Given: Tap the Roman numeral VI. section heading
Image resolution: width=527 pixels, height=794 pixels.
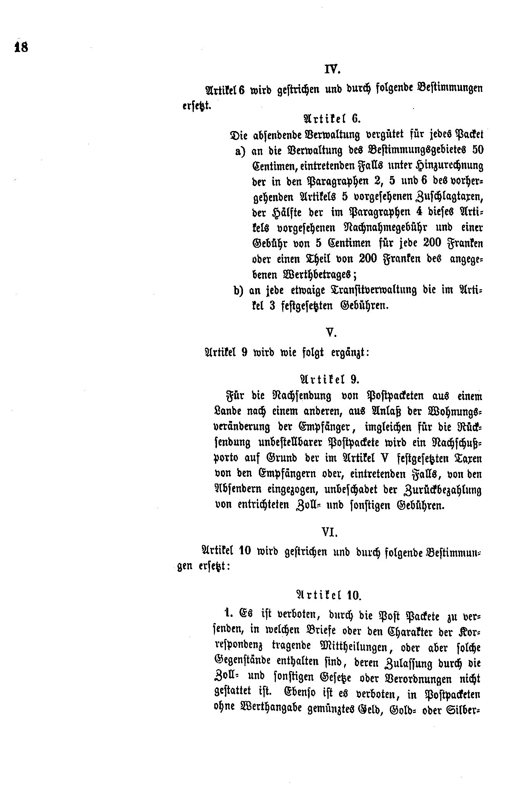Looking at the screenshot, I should tap(330, 533).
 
